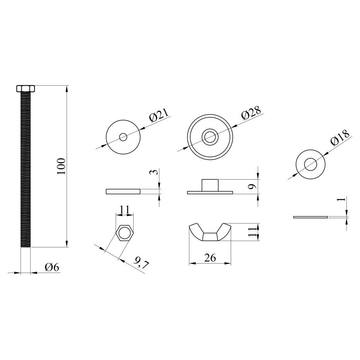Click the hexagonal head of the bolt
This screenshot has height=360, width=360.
click(26, 88)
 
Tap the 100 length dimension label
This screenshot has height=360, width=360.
click(61, 166)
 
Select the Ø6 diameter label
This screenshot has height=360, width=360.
click(52, 267)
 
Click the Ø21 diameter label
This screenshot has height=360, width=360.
click(159, 114)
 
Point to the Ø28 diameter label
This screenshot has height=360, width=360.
click(251, 113)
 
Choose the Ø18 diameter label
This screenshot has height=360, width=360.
click(340, 137)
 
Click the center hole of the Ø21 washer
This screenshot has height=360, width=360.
click(123, 137)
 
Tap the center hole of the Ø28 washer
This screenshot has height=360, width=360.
click(210, 137)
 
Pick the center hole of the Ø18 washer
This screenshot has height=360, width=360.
click(310, 164)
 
